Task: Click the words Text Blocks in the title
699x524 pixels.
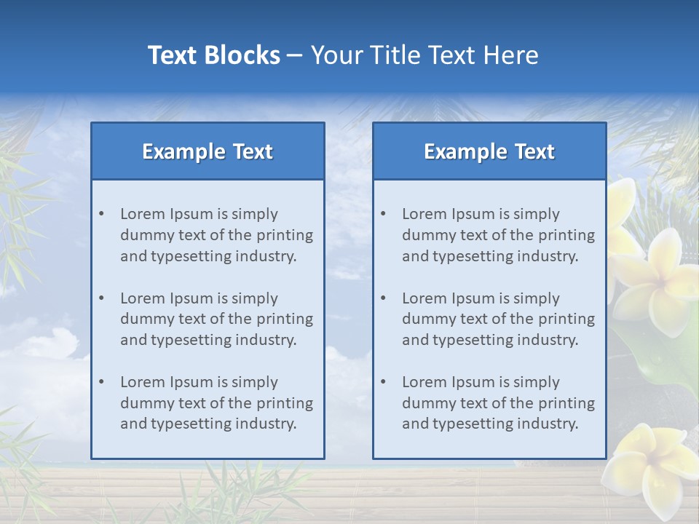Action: click(x=213, y=55)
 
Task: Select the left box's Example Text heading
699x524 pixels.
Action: click(x=208, y=151)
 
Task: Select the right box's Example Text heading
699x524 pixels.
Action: click(x=489, y=151)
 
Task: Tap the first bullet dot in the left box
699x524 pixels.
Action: click(x=102, y=214)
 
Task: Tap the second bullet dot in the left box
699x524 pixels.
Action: click(x=102, y=298)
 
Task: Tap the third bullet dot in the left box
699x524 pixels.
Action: click(x=102, y=382)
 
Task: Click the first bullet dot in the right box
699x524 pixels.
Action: click(x=384, y=214)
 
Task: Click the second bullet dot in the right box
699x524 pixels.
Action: click(x=384, y=298)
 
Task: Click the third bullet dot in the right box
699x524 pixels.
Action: click(x=384, y=382)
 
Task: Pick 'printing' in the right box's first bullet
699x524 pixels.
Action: click(x=566, y=235)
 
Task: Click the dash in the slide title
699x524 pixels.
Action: click(x=295, y=55)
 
